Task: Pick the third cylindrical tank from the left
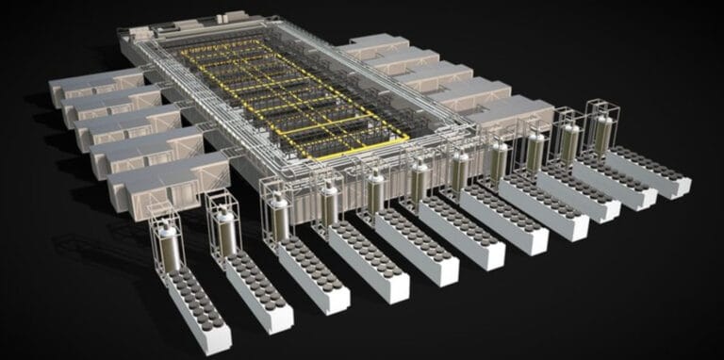278,218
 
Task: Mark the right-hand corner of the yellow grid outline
408,139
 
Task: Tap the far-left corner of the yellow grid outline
182,52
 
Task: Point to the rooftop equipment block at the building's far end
226,18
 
